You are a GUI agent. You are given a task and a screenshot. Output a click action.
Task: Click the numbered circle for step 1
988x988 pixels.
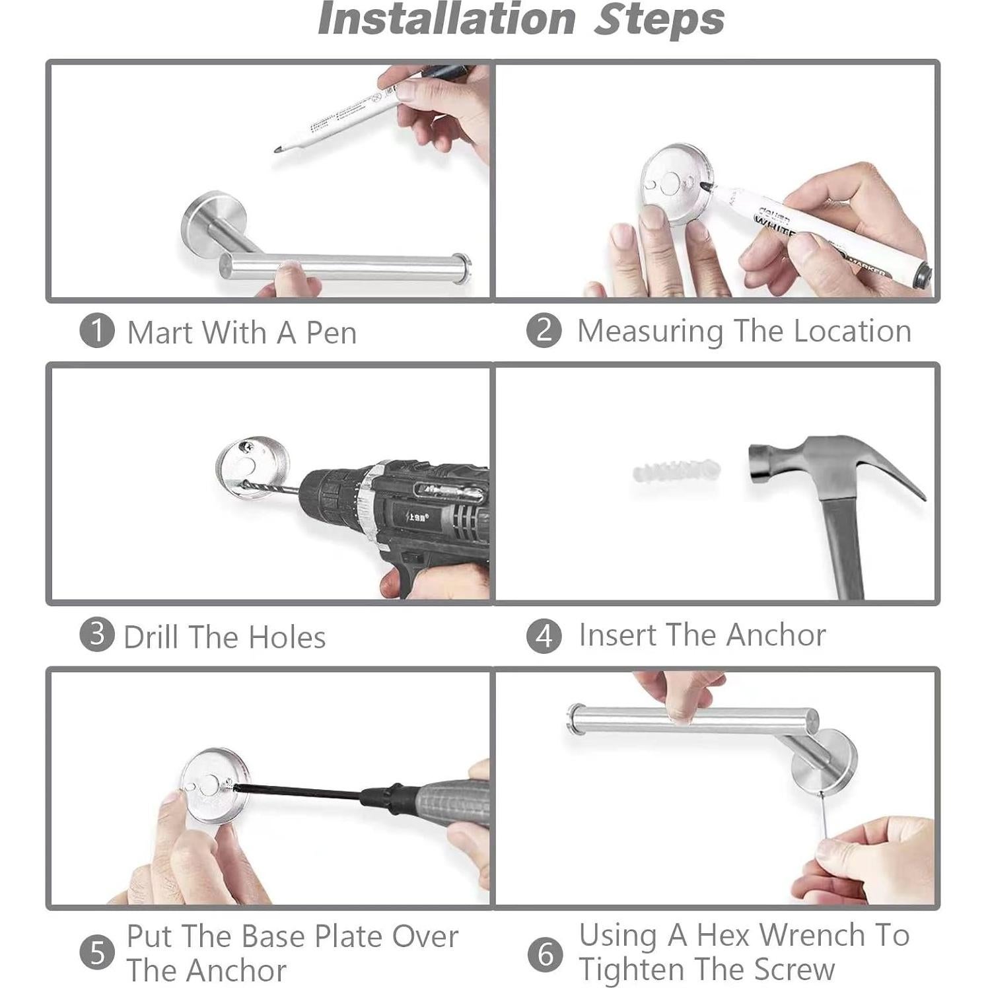click(x=97, y=331)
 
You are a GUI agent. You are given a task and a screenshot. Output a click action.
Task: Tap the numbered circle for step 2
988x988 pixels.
click(x=544, y=330)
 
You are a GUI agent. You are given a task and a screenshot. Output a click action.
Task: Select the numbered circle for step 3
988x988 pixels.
click(x=97, y=635)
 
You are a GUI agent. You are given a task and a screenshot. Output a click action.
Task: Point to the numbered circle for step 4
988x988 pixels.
click(x=544, y=635)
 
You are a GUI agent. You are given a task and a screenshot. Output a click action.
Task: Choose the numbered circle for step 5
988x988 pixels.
click(x=97, y=953)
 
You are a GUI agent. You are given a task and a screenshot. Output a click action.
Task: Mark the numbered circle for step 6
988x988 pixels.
click(x=546, y=954)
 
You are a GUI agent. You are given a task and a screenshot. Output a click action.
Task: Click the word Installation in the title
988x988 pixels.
click(x=447, y=19)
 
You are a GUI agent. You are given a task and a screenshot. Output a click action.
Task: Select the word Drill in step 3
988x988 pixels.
click(x=150, y=637)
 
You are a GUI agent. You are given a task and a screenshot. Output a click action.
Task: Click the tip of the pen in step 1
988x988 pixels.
click(x=275, y=151)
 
